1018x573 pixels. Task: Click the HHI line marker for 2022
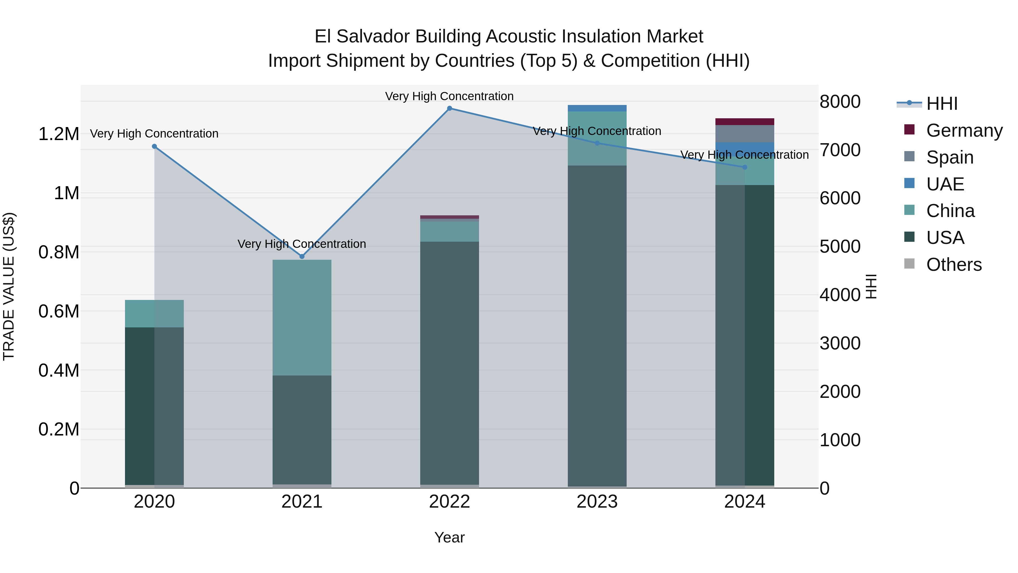click(x=449, y=108)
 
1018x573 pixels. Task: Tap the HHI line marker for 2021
click(x=302, y=257)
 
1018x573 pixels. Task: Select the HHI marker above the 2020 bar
click(x=154, y=146)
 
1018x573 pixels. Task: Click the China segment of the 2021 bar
click(x=302, y=317)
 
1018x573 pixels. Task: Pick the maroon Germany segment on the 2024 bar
click(x=745, y=122)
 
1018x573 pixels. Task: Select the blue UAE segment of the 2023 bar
click(x=597, y=108)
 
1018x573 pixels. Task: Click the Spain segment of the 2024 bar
click(x=745, y=134)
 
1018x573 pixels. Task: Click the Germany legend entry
click(x=964, y=130)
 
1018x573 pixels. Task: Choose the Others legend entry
click(x=954, y=265)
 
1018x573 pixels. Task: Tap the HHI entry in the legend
click(x=941, y=104)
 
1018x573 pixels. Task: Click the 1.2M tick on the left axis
click(x=59, y=134)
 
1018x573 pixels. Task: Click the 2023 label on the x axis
click(x=597, y=502)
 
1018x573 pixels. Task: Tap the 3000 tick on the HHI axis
click(x=840, y=343)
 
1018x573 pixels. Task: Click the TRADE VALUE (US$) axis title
click(x=9, y=286)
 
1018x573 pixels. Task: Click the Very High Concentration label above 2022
click(x=449, y=96)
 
